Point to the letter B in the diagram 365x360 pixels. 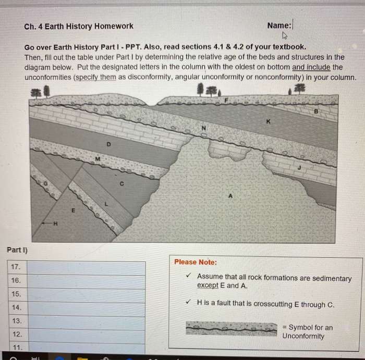point(315,111)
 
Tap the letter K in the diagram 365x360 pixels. point(269,121)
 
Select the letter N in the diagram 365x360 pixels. point(204,128)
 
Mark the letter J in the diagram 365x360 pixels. point(299,168)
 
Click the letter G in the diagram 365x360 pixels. point(46,183)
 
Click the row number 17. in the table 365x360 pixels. point(16,267)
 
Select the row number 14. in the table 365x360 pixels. point(16,307)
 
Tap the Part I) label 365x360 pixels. point(17,250)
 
